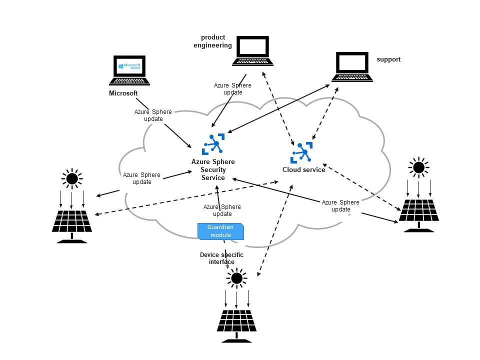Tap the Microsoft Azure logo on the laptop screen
click(x=129, y=66)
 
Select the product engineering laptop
click(x=253, y=50)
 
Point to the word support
click(x=388, y=59)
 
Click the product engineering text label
click(x=213, y=41)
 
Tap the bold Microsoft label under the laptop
click(x=123, y=93)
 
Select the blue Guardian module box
click(x=220, y=231)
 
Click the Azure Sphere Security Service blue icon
click(x=214, y=144)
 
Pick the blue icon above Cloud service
click(x=301, y=152)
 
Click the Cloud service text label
click(x=304, y=170)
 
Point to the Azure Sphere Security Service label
click(x=213, y=170)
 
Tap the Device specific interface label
click(x=221, y=258)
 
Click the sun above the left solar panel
click(x=72, y=178)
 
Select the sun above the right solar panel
click(x=418, y=167)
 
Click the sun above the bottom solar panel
click(x=236, y=278)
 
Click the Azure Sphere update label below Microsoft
click(x=153, y=115)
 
